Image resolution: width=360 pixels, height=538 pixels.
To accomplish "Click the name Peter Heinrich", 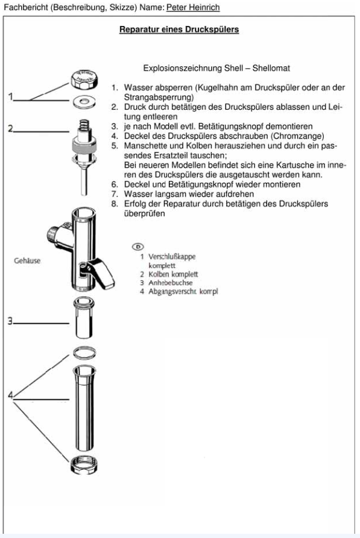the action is click(193, 7).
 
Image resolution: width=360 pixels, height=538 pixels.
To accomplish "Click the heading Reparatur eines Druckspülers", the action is click(179, 30).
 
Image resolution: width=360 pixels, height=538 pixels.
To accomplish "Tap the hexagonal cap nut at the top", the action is click(84, 79).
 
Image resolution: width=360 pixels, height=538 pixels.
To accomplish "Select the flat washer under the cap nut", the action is click(84, 102).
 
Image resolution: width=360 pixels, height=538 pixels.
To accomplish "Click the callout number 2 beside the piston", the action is click(10, 128).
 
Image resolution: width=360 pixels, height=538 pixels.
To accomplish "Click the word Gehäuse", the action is click(27, 261).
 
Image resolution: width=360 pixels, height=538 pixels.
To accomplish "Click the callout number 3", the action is click(10, 321).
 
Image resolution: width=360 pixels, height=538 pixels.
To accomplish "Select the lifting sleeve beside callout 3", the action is click(84, 318).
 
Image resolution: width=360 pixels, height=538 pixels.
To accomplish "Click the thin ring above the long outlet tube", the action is click(84, 353).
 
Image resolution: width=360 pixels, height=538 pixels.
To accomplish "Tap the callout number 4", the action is click(10, 395).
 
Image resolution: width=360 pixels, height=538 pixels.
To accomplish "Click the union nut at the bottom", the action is click(84, 465).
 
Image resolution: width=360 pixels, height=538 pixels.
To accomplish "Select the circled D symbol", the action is click(137, 246).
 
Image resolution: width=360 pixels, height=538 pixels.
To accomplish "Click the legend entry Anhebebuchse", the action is click(170, 283).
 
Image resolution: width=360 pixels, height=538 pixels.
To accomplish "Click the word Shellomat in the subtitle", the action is click(271, 68).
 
